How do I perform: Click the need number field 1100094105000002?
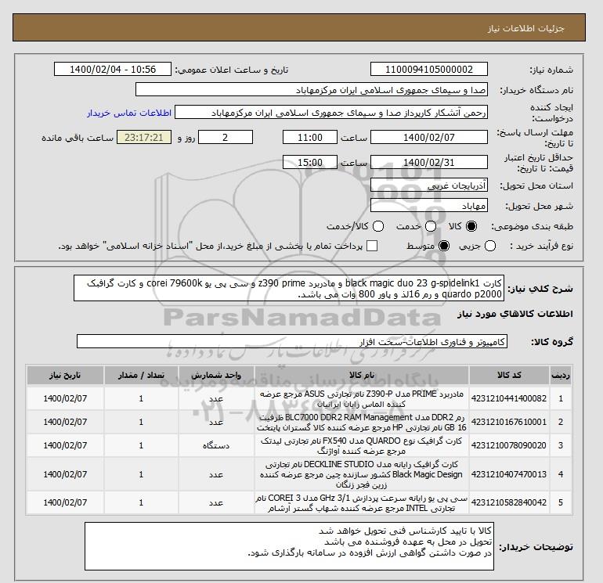(x=428, y=69)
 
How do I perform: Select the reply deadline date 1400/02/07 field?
(x=428, y=137)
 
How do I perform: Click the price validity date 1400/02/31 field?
(x=428, y=163)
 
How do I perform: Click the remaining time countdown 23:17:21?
(x=138, y=137)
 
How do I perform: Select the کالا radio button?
(x=471, y=226)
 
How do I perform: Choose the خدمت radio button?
(x=424, y=226)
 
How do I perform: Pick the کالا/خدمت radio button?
(x=378, y=226)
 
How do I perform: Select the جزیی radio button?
(x=491, y=247)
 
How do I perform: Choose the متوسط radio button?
(x=443, y=247)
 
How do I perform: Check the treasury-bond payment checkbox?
(x=372, y=247)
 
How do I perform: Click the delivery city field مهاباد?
(x=428, y=206)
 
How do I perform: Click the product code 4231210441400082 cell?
(x=516, y=398)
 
